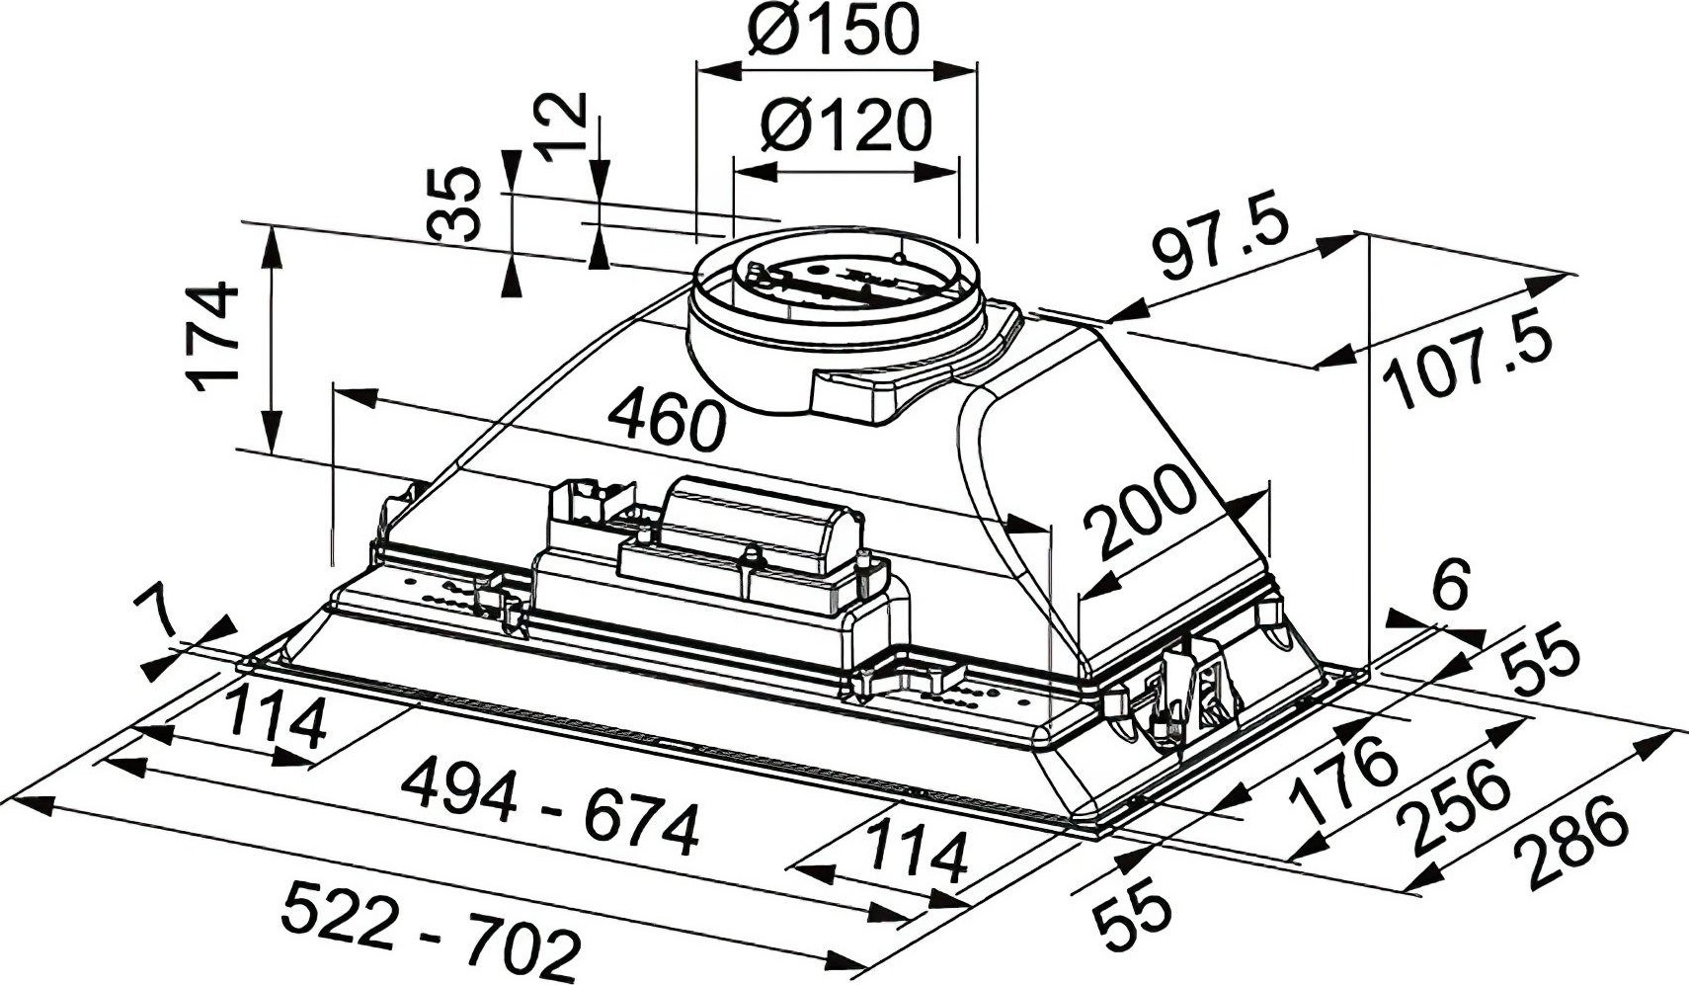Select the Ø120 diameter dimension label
pyautogui.click(x=846, y=125)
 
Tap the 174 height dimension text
pyautogui.click(x=215, y=336)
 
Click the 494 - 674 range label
pyautogui.click(x=550, y=805)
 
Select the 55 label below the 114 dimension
pyautogui.click(x=1133, y=915)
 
